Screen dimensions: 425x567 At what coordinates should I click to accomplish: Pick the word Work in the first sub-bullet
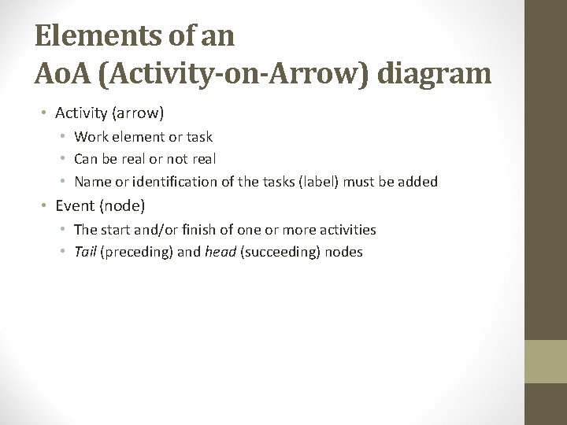pos(91,137)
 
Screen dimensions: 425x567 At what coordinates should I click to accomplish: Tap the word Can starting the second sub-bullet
pos(87,159)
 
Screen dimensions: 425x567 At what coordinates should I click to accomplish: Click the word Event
pos(73,206)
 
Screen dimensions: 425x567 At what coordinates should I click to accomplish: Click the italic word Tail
pos(85,253)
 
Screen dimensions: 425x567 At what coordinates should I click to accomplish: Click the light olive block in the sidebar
pos(547,361)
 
